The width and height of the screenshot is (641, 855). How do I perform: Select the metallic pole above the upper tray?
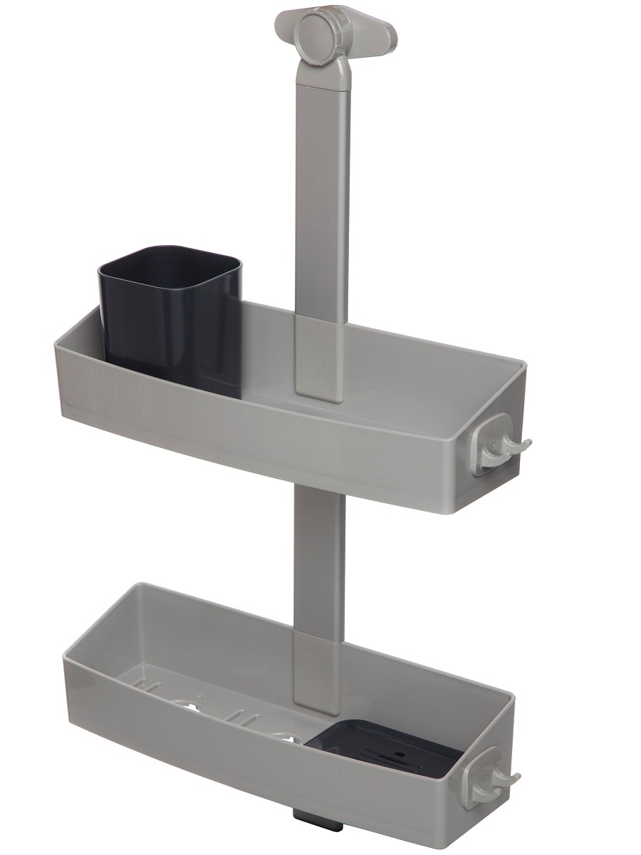[x=323, y=199]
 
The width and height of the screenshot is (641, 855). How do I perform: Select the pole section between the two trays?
[x=318, y=549]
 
